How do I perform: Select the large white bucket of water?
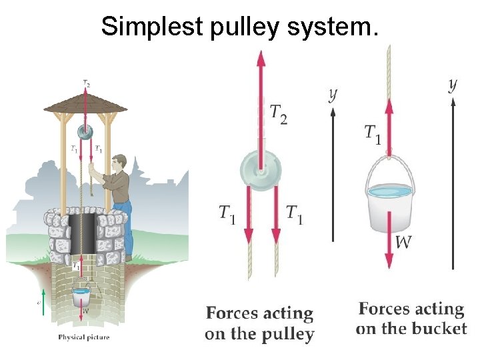click(x=389, y=203)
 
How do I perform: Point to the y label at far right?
click(x=453, y=85)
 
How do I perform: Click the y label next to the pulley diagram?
click(x=333, y=94)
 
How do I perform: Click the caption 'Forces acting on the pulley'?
click(x=259, y=323)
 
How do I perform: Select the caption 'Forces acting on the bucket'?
click(x=411, y=319)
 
